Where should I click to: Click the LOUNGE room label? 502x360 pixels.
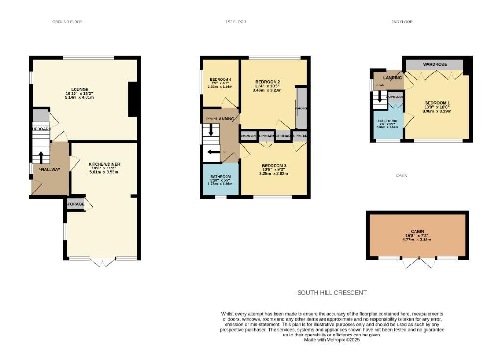(x=86, y=89)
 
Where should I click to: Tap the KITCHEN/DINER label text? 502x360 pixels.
(x=104, y=164)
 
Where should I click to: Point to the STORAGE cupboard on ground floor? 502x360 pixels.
(x=75, y=204)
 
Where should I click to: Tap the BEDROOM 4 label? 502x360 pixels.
(x=221, y=79)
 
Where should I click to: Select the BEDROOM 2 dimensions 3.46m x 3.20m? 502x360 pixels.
(x=267, y=90)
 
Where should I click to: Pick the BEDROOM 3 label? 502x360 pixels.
(x=274, y=165)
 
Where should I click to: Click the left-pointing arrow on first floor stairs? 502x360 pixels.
(x=213, y=152)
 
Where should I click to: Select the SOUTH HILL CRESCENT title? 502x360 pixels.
(x=332, y=293)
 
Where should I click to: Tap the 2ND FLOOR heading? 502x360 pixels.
(x=402, y=22)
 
